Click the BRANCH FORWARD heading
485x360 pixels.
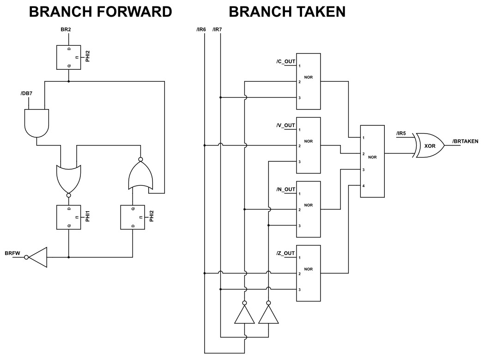[100, 12]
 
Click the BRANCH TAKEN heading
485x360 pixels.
[287, 12]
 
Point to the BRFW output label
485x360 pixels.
[12, 253]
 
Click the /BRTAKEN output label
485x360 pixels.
[465, 141]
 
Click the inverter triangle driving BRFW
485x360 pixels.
[38, 257]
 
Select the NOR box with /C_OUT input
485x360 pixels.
[309, 81]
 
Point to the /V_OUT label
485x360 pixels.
[285, 125]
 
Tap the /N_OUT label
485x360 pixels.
[285, 189]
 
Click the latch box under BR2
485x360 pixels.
[68, 57]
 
